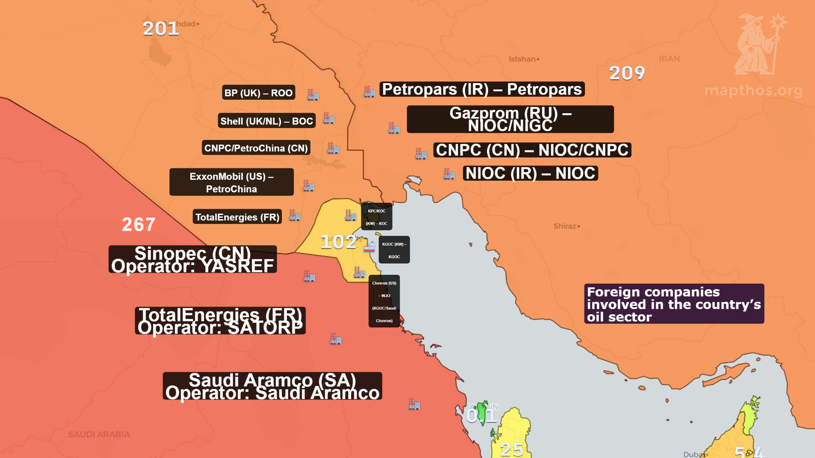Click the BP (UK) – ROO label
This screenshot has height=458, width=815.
click(258, 93)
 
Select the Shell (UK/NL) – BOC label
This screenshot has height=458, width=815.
click(266, 121)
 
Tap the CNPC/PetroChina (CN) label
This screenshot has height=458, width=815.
click(256, 148)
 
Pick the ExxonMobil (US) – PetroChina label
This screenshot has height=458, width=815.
click(231, 182)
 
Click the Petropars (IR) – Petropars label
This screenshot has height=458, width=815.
click(482, 89)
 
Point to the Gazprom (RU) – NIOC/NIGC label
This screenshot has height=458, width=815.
click(510, 119)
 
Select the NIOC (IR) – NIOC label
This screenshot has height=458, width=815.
click(530, 173)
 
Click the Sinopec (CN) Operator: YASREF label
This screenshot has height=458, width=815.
click(192, 260)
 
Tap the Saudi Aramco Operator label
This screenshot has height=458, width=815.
click(272, 386)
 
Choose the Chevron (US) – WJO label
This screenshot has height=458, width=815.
click(384, 302)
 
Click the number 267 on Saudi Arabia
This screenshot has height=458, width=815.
click(138, 224)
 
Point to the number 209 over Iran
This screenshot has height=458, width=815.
click(627, 73)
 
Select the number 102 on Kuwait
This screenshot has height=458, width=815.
click(338, 242)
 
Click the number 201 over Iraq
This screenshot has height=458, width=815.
click(160, 29)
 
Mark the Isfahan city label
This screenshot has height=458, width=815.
click(523, 59)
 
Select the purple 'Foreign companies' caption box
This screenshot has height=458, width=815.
click(674, 304)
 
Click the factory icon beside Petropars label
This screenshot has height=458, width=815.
click(369, 91)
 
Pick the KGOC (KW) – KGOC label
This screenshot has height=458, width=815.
click(394, 250)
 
